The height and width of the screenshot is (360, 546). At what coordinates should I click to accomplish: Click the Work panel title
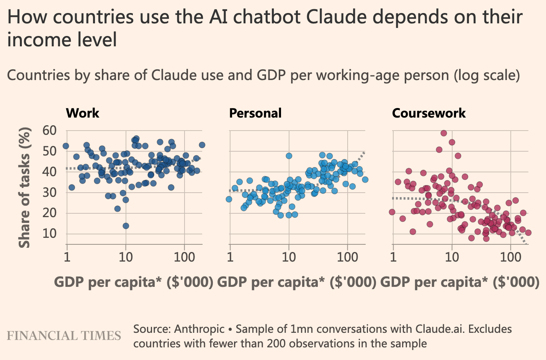tap(82, 113)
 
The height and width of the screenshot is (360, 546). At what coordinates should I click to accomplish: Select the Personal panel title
tap(255, 113)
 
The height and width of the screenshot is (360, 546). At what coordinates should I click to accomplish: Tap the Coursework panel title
tap(429, 113)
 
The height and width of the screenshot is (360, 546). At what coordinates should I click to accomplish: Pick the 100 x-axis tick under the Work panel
tap(185, 257)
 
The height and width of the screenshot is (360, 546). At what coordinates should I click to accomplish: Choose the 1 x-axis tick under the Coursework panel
tap(393, 257)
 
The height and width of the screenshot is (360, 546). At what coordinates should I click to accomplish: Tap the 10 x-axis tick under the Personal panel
tap(289, 257)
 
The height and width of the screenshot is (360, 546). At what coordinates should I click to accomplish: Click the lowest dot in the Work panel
tap(126, 226)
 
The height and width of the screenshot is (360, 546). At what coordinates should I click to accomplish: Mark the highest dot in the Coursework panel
tap(444, 133)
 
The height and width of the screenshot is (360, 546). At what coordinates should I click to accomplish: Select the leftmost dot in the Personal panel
tap(229, 199)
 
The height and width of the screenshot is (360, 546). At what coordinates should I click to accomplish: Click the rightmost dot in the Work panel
tap(202, 145)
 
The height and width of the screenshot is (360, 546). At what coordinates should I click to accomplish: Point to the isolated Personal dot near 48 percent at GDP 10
tap(289, 156)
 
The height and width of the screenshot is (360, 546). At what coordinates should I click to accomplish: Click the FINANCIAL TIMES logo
tap(64, 336)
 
